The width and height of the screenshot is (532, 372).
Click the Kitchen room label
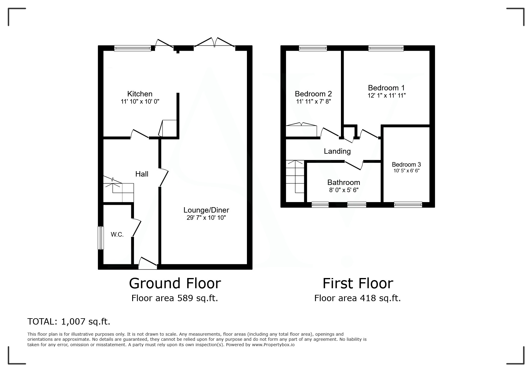click(140, 94)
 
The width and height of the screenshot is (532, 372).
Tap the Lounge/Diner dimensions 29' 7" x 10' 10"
click(206, 218)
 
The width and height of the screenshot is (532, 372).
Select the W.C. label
click(117, 234)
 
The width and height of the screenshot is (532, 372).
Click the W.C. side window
click(100, 238)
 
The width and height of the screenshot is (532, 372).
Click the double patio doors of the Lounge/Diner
click(214, 43)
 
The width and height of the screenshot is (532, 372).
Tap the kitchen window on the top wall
click(132, 48)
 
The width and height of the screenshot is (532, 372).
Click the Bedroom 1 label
click(386, 88)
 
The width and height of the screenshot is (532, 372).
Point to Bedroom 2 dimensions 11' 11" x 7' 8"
click(313, 101)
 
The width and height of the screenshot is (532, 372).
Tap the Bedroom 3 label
click(406, 165)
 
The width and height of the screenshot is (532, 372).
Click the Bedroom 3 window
click(408, 205)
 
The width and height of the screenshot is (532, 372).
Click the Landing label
click(337, 151)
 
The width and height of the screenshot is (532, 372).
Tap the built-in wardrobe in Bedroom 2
click(301, 130)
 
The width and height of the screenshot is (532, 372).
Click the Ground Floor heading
click(175, 283)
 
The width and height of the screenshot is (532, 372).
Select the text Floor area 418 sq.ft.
click(357, 298)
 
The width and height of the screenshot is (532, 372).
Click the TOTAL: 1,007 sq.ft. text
click(69, 322)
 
